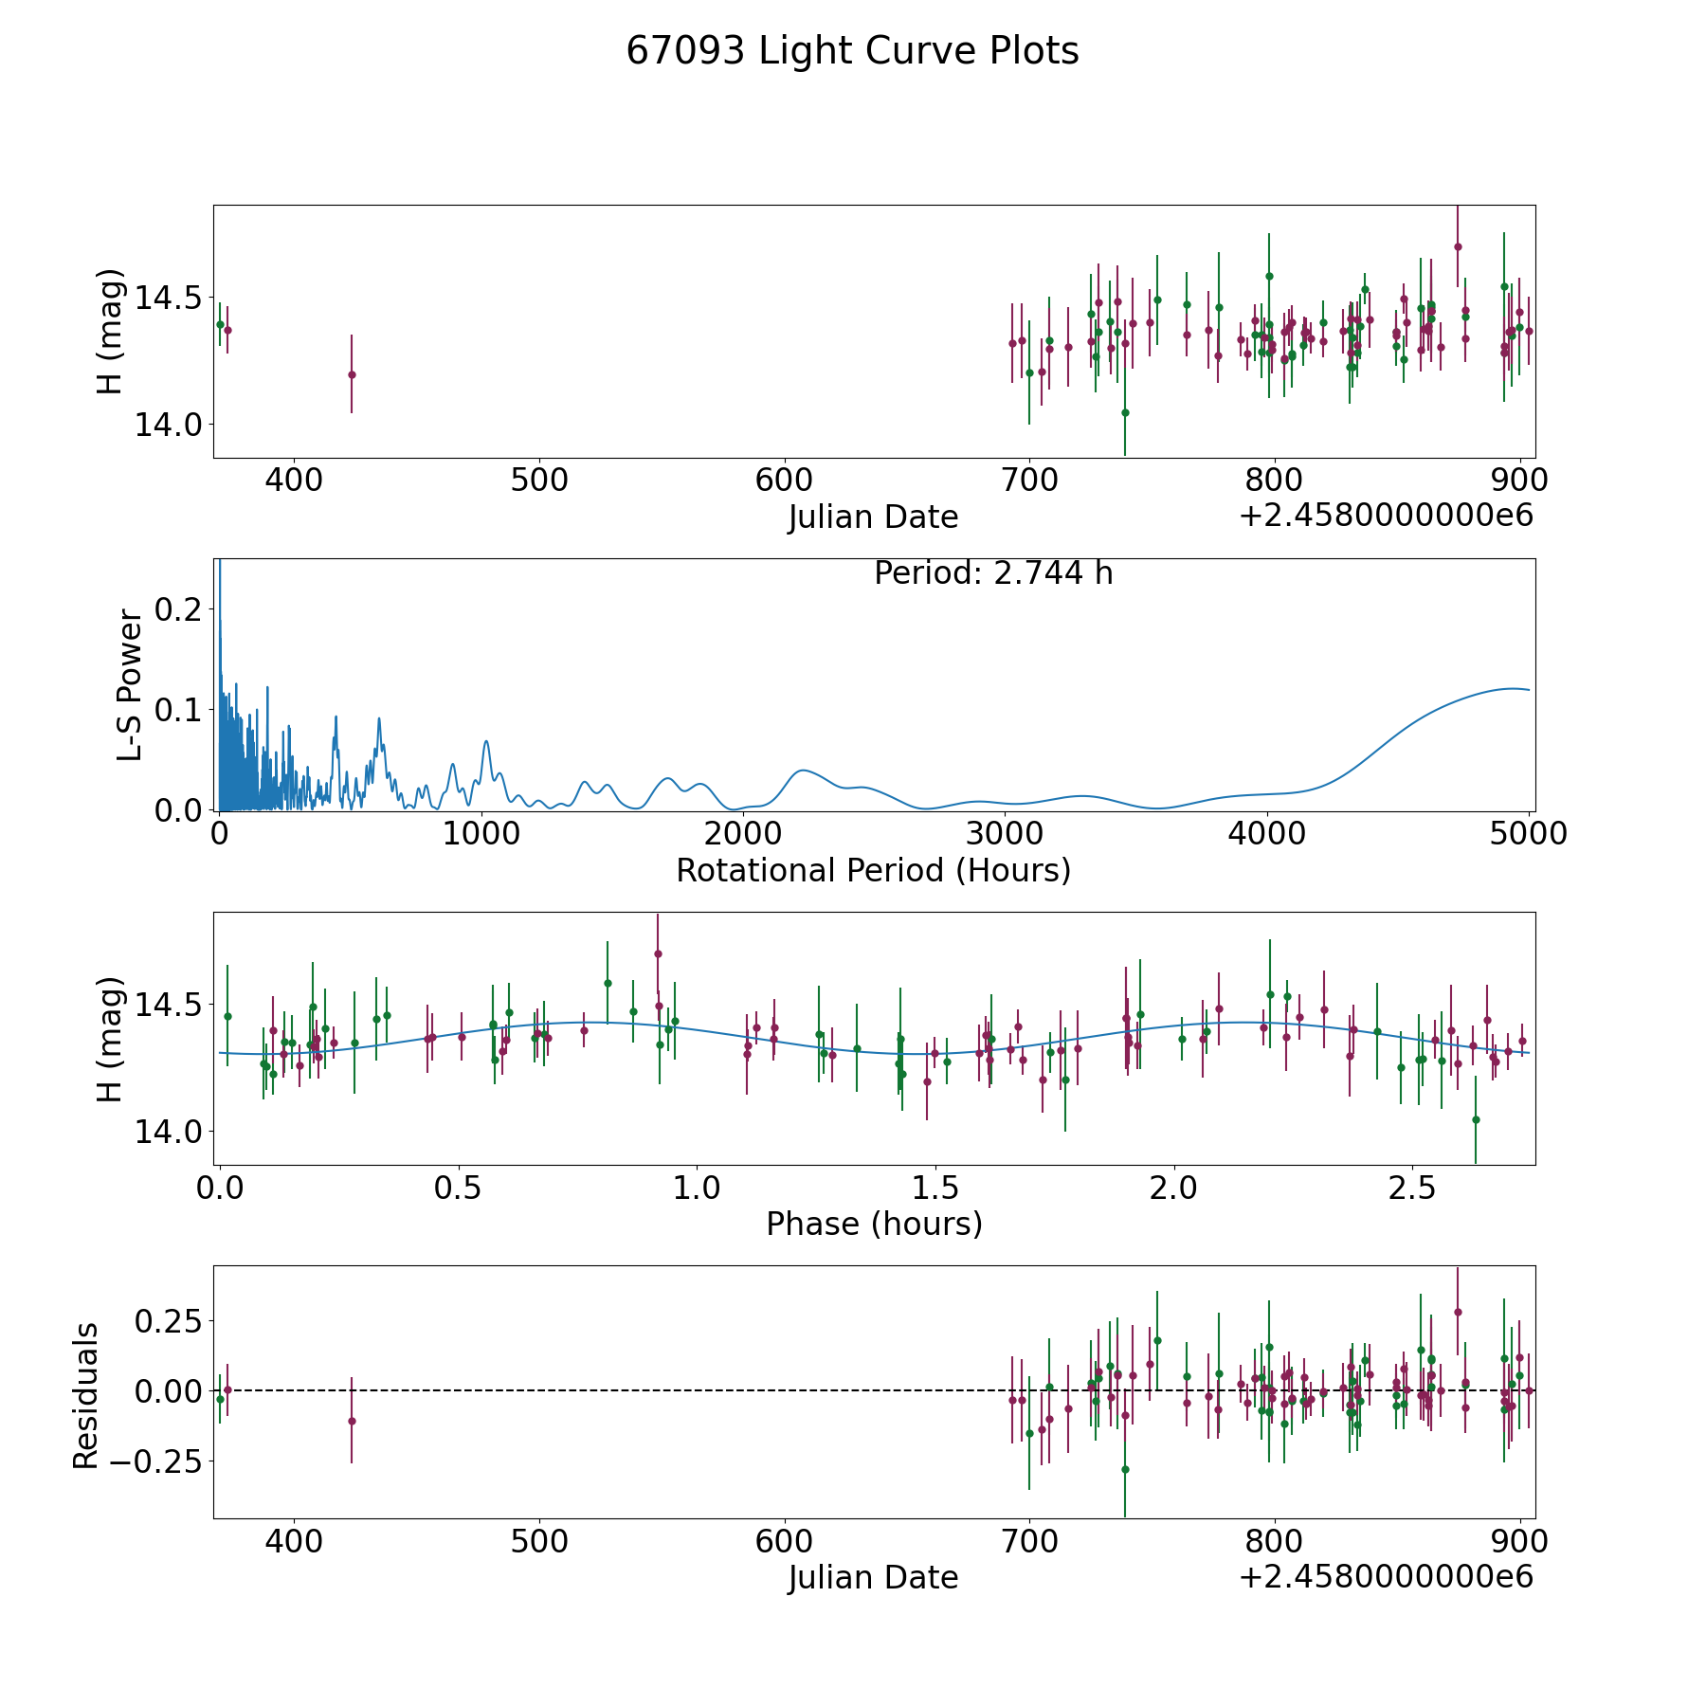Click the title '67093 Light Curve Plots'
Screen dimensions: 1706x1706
(x=852, y=51)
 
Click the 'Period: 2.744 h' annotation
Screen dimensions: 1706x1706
(x=992, y=573)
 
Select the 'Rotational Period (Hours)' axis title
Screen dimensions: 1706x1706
(x=873, y=870)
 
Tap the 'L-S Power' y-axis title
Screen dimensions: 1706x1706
(x=130, y=685)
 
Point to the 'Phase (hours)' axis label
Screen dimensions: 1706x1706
(x=874, y=1224)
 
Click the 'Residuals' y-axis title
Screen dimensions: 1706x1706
(x=86, y=1395)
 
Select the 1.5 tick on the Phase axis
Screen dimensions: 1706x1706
(x=935, y=1188)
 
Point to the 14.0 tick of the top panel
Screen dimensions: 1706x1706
(x=168, y=425)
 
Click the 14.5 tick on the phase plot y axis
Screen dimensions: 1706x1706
(x=168, y=1005)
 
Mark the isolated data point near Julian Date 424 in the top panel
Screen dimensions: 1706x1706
(x=352, y=374)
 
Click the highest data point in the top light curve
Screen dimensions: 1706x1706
(x=1458, y=246)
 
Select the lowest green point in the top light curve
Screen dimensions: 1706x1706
(x=1125, y=412)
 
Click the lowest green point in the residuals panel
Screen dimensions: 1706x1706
(x=1125, y=1469)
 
